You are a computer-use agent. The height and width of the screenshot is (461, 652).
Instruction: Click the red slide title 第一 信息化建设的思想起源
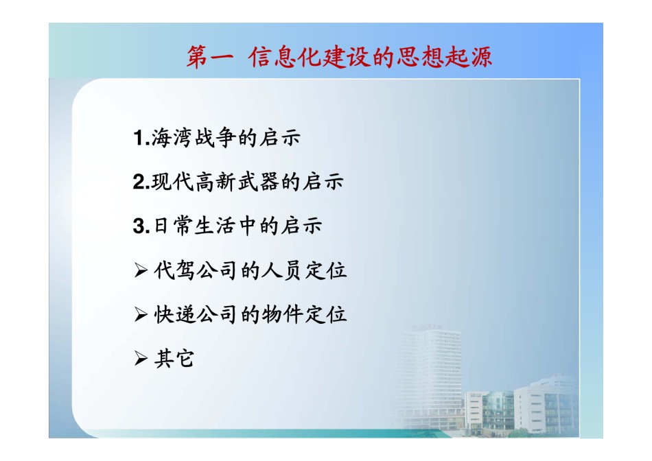tap(339, 57)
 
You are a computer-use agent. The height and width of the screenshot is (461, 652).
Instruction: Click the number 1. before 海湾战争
tap(141, 138)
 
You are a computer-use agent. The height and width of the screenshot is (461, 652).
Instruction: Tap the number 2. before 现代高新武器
tap(141, 182)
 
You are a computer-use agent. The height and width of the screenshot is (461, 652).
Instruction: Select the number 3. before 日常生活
tap(141, 226)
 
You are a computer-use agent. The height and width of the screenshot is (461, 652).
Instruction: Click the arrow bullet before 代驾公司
tap(141, 270)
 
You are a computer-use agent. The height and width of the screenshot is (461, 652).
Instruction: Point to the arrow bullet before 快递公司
tap(141, 315)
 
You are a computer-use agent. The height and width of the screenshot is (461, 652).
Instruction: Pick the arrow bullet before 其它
tap(141, 358)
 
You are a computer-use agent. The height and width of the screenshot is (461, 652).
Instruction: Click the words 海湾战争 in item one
tap(194, 138)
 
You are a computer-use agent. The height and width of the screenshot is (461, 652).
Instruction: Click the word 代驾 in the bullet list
tap(174, 270)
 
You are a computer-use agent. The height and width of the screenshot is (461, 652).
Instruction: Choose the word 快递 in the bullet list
tap(174, 315)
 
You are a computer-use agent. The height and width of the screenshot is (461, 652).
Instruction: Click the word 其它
tap(174, 358)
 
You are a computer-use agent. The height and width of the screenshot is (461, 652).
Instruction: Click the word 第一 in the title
tap(209, 57)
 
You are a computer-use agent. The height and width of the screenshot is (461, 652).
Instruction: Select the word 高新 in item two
tap(215, 182)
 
